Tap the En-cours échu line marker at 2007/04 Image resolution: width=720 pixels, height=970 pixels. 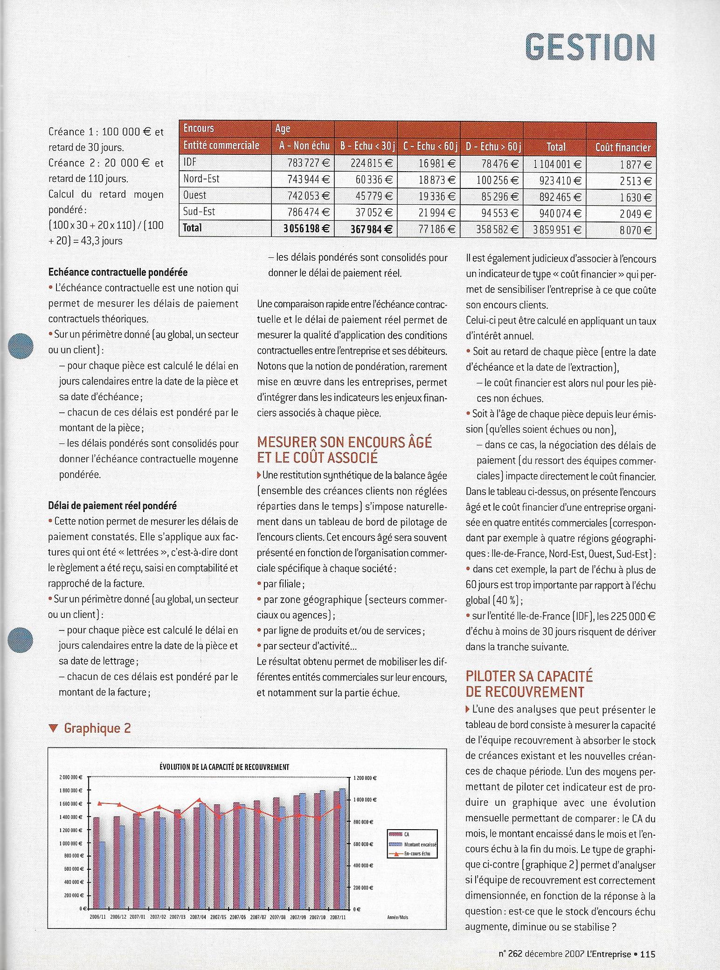[199, 800]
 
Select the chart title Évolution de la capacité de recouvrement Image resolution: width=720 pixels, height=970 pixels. [224, 767]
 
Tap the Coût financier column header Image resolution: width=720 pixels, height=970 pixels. [623, 147]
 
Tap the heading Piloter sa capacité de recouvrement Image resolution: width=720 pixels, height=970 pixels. [529, 684]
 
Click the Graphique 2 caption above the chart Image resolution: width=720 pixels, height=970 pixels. [97, 728]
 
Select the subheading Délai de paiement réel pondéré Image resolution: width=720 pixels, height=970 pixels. [112, 505]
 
